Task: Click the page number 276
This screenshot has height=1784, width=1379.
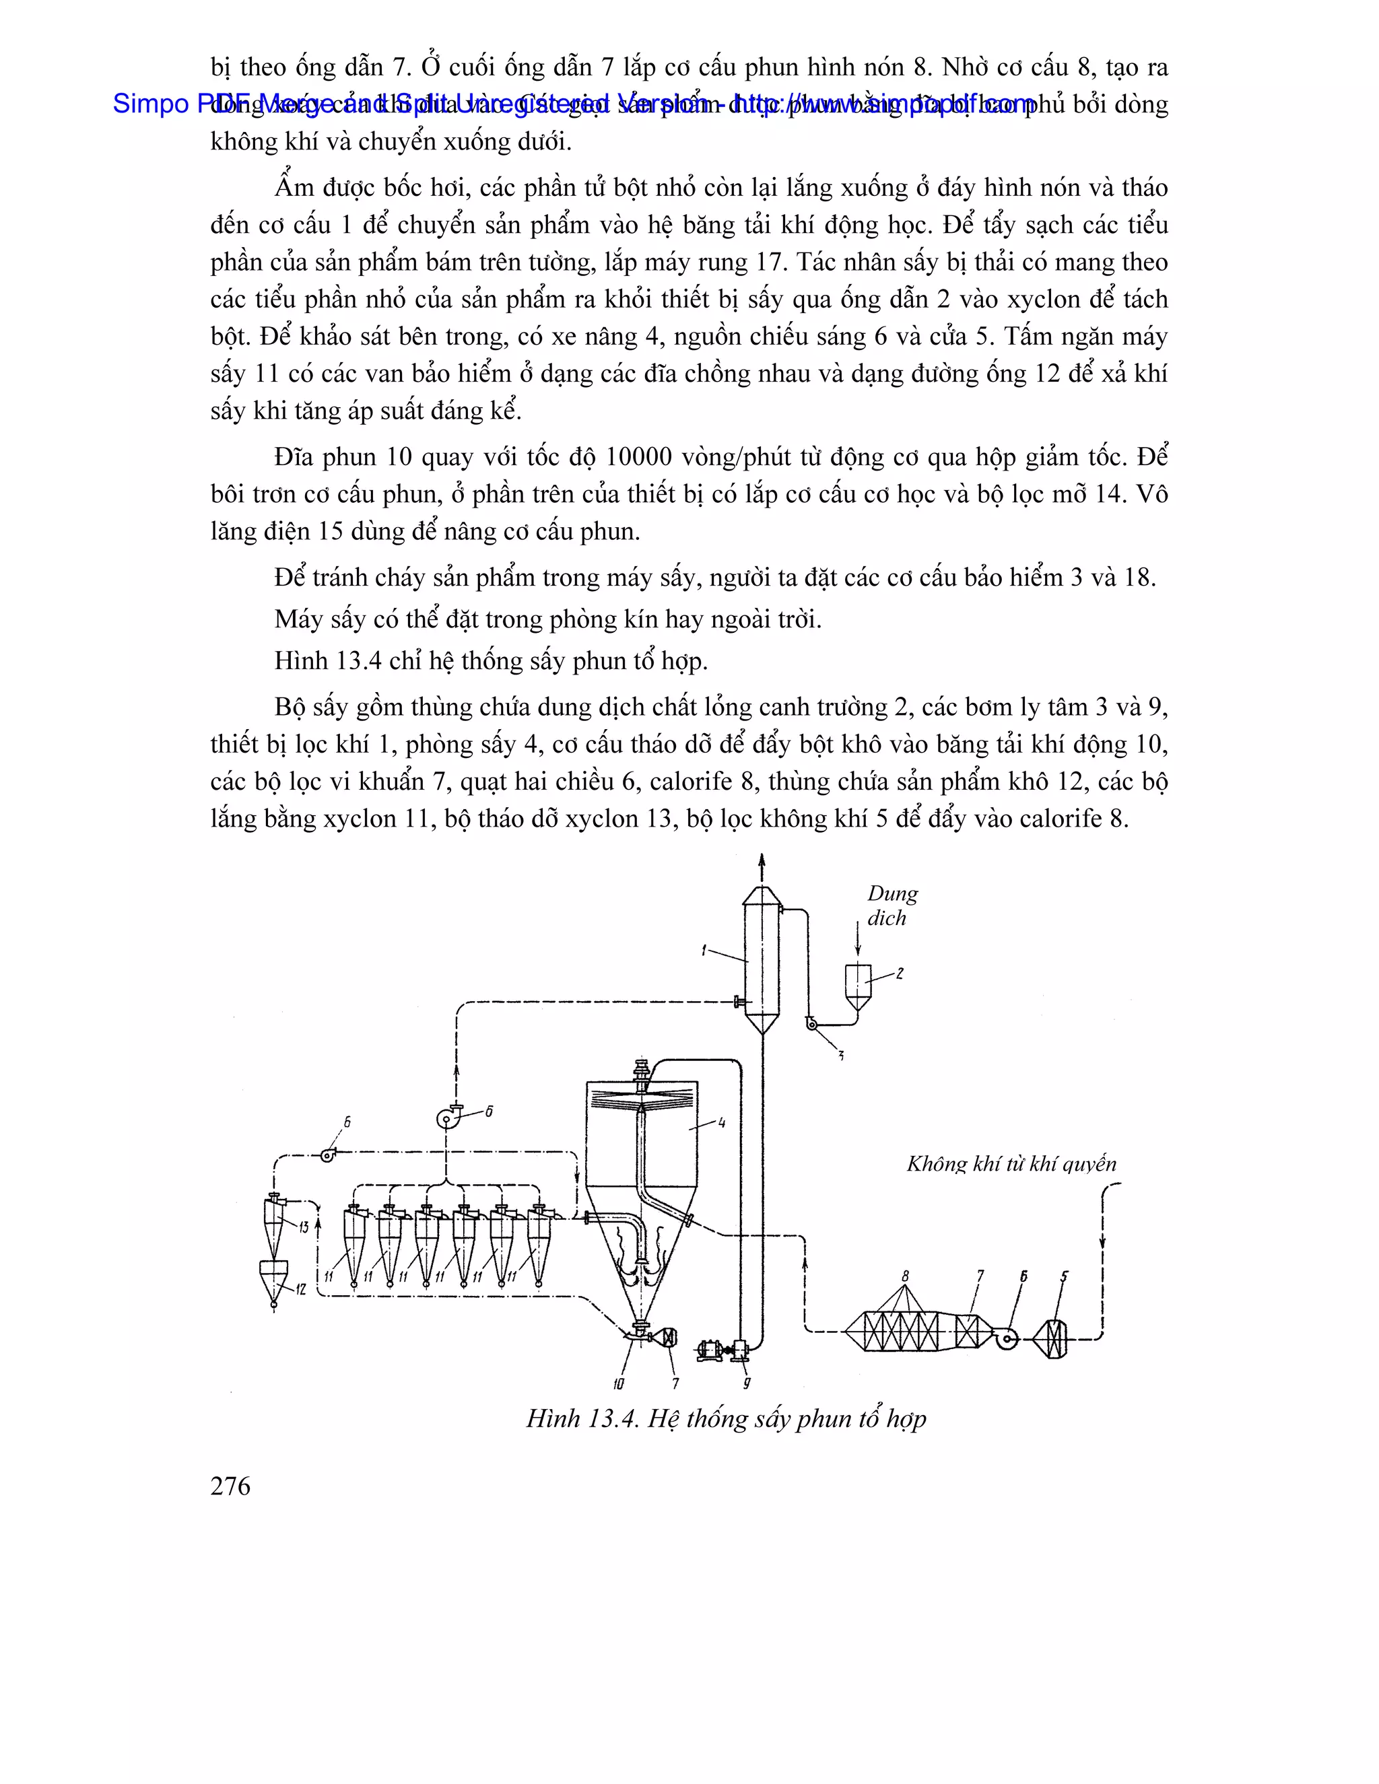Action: click(230, 1486)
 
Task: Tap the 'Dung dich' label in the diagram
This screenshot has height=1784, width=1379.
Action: click(892, 906)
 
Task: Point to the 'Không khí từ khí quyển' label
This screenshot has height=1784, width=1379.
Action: click(1011, 1163)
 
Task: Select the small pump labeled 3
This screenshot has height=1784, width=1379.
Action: click(812, 1023)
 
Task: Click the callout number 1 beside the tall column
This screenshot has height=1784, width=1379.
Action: click(704, 950)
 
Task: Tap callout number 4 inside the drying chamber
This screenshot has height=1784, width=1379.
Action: click(721, 1123)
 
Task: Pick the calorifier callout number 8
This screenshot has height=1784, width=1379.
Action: click(904, 1276)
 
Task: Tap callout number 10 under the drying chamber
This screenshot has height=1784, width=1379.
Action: click(618, 1383)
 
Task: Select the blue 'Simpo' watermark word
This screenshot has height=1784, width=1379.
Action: click(151, 104)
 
